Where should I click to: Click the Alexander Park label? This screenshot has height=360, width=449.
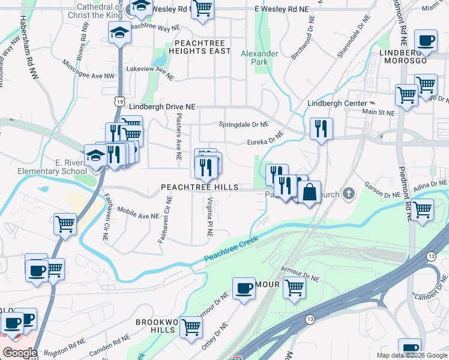click(259, 58)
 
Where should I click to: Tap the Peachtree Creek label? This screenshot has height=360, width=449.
click(232, 248)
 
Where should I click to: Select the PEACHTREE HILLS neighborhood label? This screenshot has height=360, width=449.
click(200, 187)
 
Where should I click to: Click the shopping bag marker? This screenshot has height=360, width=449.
click(309, 193)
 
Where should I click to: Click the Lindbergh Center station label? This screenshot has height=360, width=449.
click(337, 103)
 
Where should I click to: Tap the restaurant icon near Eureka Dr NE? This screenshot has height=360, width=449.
click(321, 128)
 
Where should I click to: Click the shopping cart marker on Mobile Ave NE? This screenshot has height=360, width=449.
click(65, 224)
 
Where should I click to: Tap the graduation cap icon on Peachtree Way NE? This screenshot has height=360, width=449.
click(120, 33)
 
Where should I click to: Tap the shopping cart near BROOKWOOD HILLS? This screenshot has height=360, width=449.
click(191, 328)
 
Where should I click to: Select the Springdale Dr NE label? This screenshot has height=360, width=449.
click(243, 124)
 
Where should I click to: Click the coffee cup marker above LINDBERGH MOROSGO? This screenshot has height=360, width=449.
click(427, 41)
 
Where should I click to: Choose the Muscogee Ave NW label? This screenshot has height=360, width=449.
click(87, 76)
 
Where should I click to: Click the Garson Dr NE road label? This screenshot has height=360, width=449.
click(383, 194)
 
